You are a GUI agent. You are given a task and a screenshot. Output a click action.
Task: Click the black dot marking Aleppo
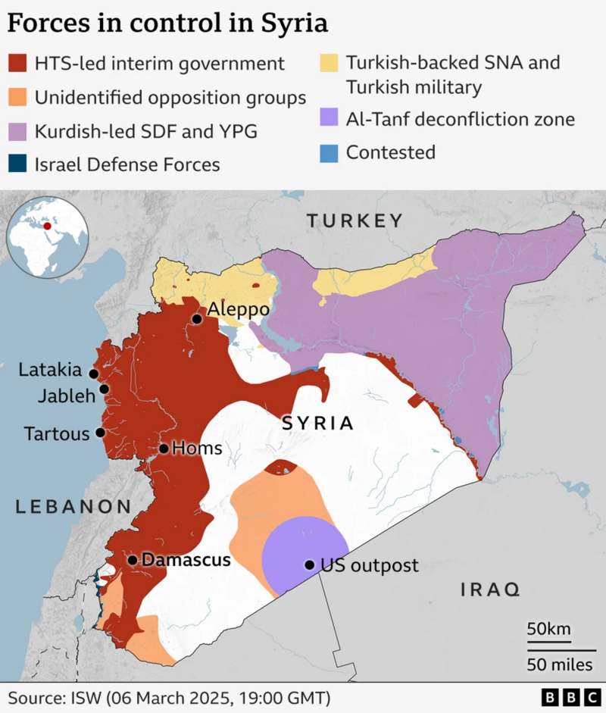[x=197, y=319]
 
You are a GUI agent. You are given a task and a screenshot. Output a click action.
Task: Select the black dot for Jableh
[x=105, y=389]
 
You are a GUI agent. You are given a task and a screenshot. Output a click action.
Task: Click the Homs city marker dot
[x=164, y=449]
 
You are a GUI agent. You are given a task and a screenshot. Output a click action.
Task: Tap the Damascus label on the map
[x=186, y=561]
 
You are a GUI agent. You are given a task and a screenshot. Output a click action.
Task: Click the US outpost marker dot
[x=309, y=564]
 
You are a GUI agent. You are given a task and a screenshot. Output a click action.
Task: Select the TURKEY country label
[x=355, y=221]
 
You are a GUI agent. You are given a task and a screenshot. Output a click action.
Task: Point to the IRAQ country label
[x=490, y=589]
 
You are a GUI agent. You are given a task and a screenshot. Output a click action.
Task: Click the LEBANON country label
[x=73, y=506]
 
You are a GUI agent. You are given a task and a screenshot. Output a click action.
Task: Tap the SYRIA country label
[x=317, y=423]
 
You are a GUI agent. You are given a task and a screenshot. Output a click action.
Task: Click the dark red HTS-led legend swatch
[x=17, y=64]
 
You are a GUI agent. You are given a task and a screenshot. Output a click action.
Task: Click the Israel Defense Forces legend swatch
[x=17, y=164]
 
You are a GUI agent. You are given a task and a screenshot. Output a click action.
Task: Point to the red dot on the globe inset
[x=48, y=225]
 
